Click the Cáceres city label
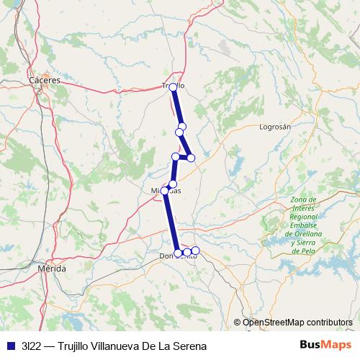pos(45,81)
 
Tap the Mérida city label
pos(51,268)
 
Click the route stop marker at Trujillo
pos(173,87)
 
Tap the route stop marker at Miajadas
pos(165,190)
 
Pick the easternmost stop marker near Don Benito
pos(195,251)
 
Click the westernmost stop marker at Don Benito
pos(178,253)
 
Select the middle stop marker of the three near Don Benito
pos(186,253)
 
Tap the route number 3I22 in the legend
pos(32,346)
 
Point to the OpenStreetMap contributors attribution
pos(297,322)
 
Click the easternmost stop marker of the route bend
pos(191,158)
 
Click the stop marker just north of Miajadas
pos(172,184)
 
